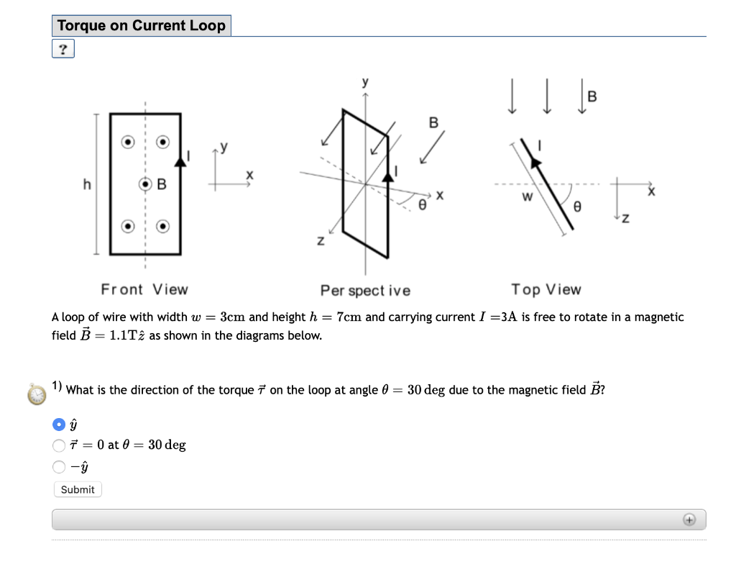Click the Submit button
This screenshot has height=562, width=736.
(x=78, y=489)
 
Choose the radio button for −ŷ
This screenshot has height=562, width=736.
(x=59, y=467)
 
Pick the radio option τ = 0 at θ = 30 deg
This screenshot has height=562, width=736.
(x=59, y=445)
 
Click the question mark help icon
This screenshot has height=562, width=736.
(x=63, y=49)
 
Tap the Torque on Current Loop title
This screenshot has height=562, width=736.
(x=142, y=26)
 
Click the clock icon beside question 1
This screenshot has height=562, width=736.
(x=36, y=393)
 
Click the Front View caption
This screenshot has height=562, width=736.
(x=144, y=289)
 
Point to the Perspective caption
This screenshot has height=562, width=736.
(x=365, y=290)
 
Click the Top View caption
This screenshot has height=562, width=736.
(x=546, y=289)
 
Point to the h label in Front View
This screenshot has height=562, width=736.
(x=87, y=184)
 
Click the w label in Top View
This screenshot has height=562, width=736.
(x=528, y=196)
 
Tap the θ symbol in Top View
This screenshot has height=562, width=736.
(x=576, y=207)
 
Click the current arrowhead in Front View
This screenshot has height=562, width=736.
(x=180, y=161)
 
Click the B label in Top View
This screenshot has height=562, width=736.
(x=592, y=96)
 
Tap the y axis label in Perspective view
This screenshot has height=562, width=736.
(x=365, y=82)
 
